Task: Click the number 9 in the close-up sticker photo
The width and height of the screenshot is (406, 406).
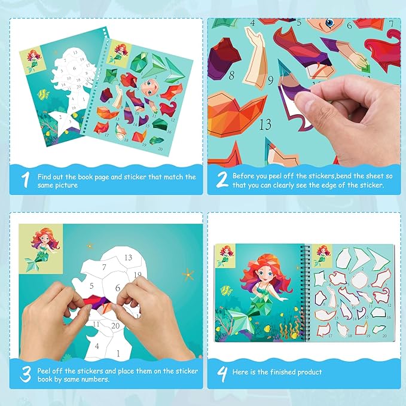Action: click(271, 79)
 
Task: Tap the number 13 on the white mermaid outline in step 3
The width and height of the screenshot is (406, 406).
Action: click(127, 257)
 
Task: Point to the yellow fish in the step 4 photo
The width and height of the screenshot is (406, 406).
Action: click(225, 291)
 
